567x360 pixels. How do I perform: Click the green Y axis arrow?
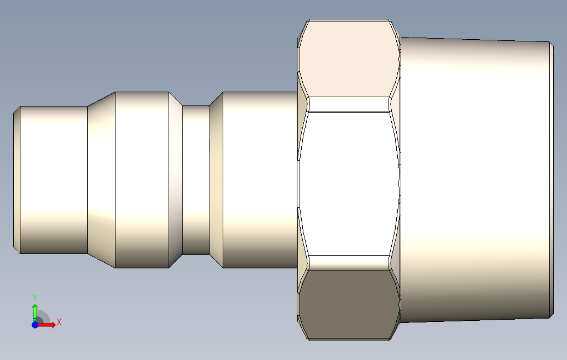point(35,312)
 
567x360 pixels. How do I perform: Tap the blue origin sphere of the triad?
point(35,325)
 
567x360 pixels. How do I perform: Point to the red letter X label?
point(59,322)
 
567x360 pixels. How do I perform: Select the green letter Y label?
point(35,298)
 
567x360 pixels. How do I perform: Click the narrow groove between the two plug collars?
point(196,179)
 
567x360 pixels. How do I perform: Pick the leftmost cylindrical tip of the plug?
point(54,179)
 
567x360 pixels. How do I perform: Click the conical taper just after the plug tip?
point(102,179)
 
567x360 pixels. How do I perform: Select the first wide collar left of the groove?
point(142,179)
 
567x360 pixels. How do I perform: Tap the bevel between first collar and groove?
point(176,179)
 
